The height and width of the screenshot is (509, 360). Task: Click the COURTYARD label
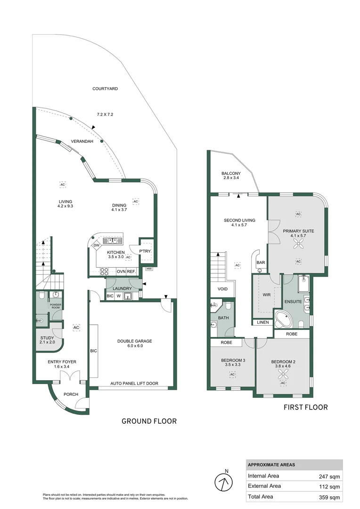(x=105, y=89)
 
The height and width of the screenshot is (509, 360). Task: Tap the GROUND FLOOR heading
(x=149, y=421)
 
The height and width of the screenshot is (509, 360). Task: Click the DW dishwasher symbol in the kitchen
(x=96, y=245)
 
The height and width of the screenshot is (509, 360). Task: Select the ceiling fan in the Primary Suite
(x=298, y=244)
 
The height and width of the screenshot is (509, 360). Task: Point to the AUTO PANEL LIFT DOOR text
(x=134, y=384)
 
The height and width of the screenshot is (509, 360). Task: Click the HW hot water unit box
(x=149, y=269)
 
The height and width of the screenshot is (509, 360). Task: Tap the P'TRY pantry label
(x=144, y=252)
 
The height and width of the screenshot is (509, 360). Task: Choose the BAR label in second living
(x=260, y=263)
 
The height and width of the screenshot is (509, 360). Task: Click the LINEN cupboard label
(x=262, y=323)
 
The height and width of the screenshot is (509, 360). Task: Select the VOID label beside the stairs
(x=223, y=289)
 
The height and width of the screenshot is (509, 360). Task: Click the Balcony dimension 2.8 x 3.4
(x=231, y=179)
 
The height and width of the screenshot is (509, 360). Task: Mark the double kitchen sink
(x=113, y=240)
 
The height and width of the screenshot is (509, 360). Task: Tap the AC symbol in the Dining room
(x=136, y=201)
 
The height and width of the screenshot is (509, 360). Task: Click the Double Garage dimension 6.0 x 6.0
(x=135, y=346)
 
